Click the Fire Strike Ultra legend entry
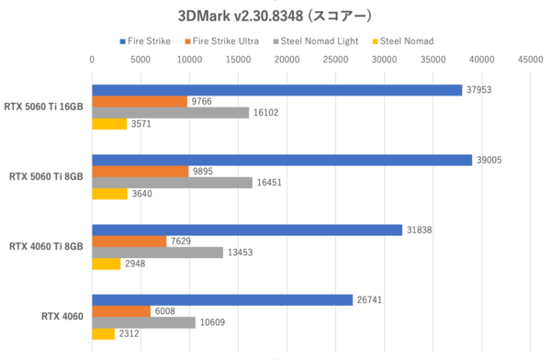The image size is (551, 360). coord(223,41)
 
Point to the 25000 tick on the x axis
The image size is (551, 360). coord(336,61)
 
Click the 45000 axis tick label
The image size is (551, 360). coord(531,61)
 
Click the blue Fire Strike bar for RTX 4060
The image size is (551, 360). coord(222,299)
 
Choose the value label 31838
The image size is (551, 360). coord(420,230)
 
